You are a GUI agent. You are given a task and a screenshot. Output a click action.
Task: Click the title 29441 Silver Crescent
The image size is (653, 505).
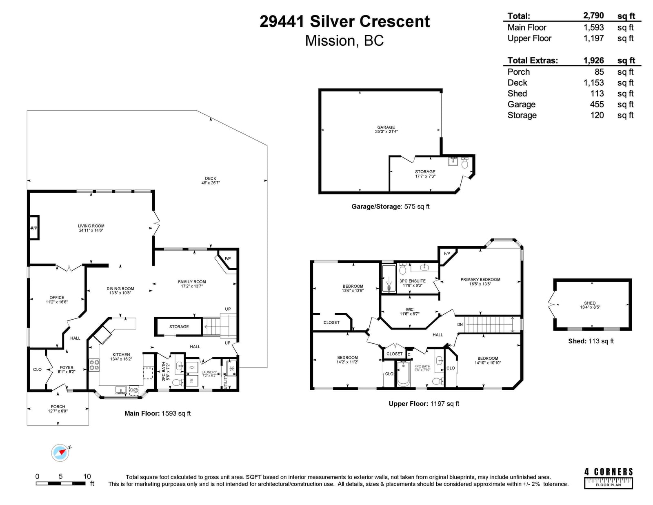344,22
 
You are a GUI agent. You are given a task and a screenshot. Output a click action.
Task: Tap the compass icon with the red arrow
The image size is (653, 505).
60,453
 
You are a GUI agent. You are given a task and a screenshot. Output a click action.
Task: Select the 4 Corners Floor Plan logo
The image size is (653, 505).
608,478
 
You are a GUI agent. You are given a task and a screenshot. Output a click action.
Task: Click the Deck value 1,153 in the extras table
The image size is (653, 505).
593,82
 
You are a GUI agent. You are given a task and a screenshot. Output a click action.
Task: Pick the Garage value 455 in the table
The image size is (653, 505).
597,104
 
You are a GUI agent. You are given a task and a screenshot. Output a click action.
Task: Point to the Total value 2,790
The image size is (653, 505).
593,16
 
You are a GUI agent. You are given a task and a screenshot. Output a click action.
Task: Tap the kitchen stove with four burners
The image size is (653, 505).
94,365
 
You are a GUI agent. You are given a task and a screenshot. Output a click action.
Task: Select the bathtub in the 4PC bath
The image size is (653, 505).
403,374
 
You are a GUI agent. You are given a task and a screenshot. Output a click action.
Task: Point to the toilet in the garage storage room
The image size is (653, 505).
464,163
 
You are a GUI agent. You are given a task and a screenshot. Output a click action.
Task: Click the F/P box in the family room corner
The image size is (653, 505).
227,259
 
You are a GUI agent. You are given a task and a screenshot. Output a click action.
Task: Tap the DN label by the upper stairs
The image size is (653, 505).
460,325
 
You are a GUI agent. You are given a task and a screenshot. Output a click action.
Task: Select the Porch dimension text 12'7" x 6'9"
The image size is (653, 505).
58,411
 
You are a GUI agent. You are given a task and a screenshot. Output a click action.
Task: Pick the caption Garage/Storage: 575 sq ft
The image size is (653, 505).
390,207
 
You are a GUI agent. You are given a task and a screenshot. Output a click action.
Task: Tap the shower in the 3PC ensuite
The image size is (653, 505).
389,278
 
